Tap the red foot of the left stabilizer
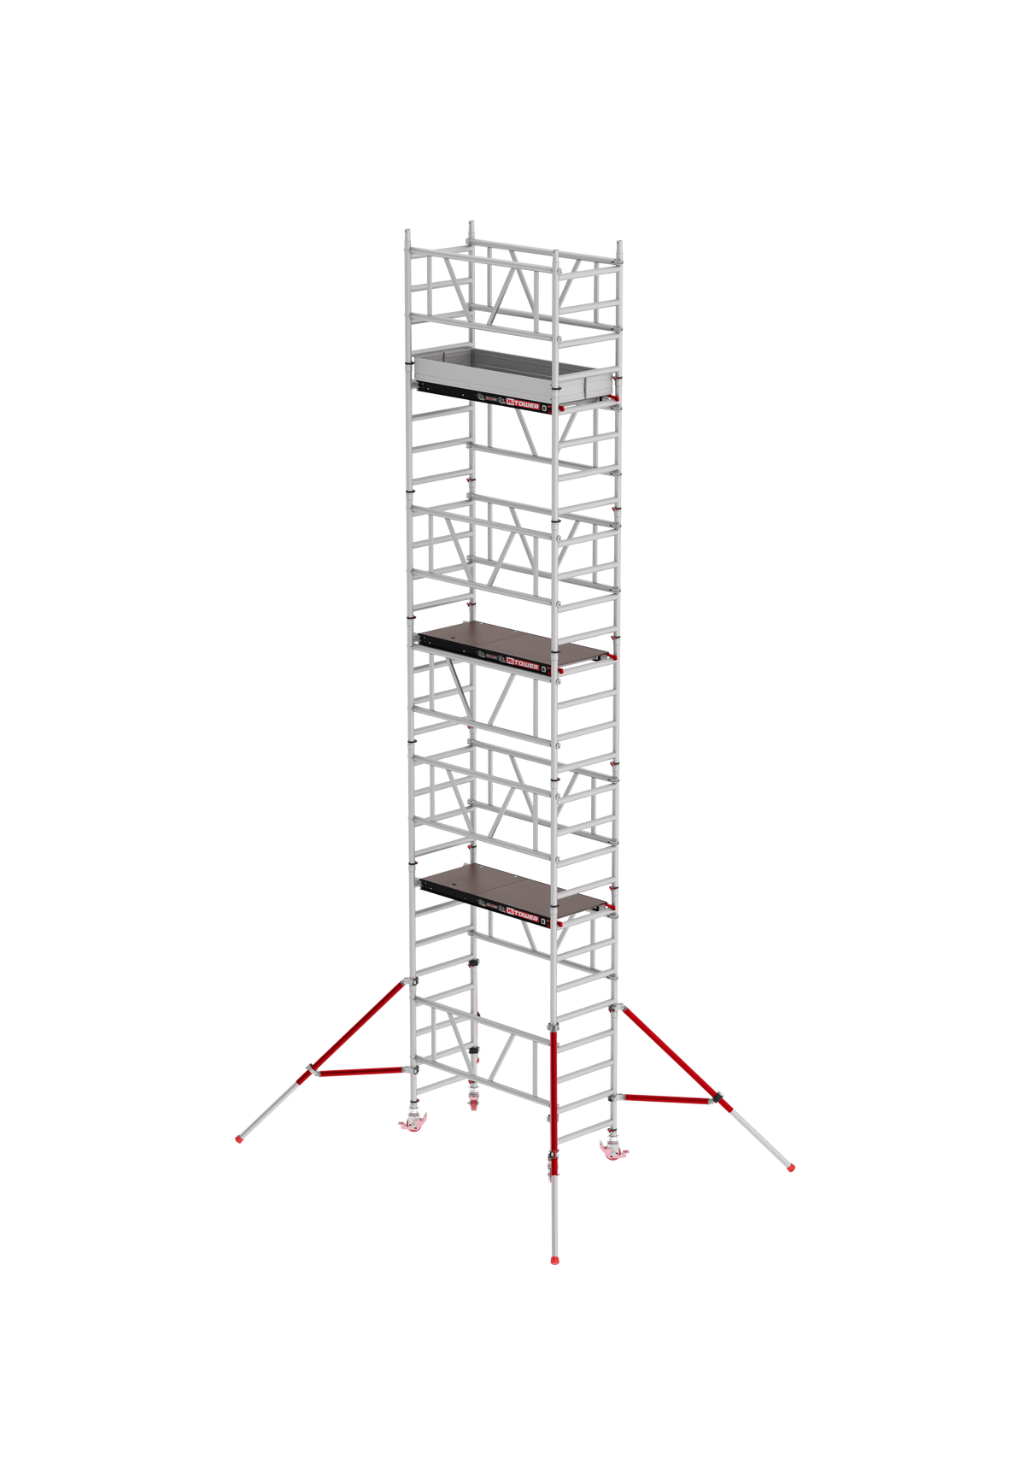(x=238, y=1138)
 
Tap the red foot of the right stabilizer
(x=792, y=1165)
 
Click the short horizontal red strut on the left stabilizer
(x=359, y=1069)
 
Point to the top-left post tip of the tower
(x=408, y=232)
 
